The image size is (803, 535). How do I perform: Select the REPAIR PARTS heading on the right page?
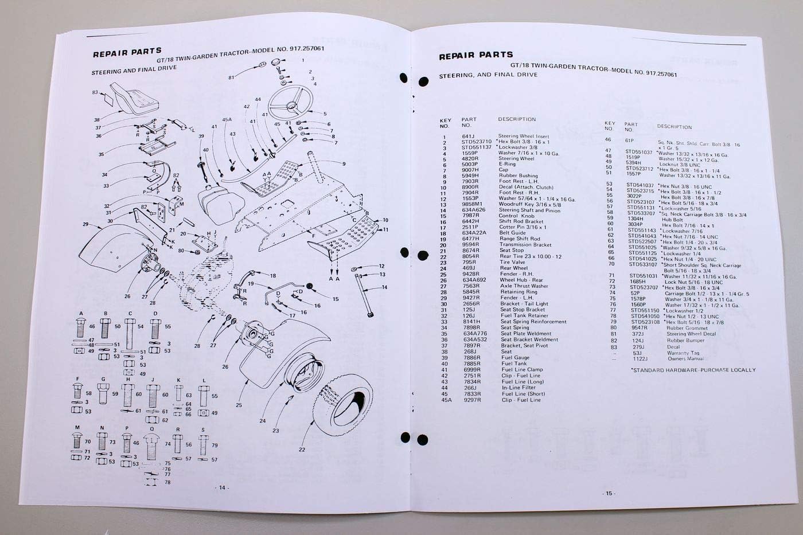475,56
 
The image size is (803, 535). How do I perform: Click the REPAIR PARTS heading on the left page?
127,53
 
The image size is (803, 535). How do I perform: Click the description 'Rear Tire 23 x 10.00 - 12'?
530,256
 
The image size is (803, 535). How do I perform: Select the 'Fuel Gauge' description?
516,357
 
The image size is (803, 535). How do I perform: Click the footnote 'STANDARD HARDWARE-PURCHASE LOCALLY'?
693,370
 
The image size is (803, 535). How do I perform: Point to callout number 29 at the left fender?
85,225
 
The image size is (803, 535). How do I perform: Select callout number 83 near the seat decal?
95,92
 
